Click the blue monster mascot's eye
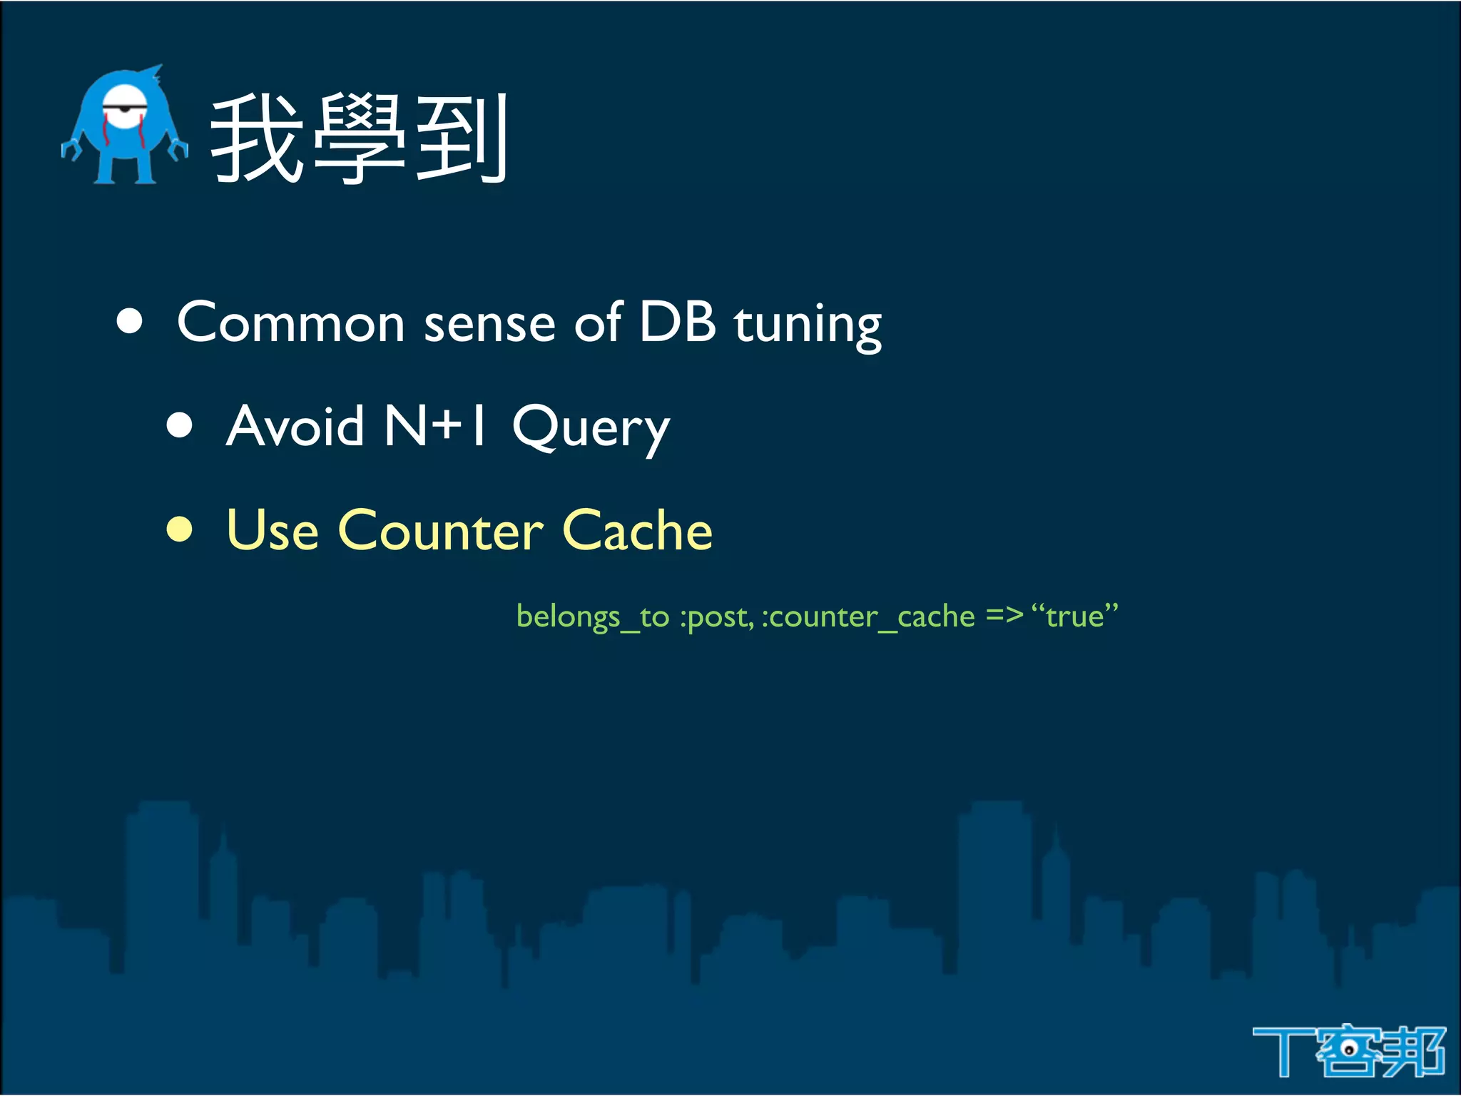pyautogui.click(x=126, y=107)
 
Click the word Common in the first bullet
pyautogui.click(x=291, y=323)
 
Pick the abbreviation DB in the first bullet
pyautogui.click(x=677, y=322)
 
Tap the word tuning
pyautogui.click(x=808, y=325)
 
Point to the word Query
pyautogui.click(x=591, y=429)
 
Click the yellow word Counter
pyautogui.click(x=441, y=531)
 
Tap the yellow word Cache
pyautogui.click(x=637, y=531)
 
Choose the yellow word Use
pyautogui.click(x=272, y=531)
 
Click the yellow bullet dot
pyautogui.click(x=180, y=529)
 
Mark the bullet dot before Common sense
pyautogui.click(x=130, y=321)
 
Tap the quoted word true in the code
pyautogui.click(x=1074, y=616)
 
